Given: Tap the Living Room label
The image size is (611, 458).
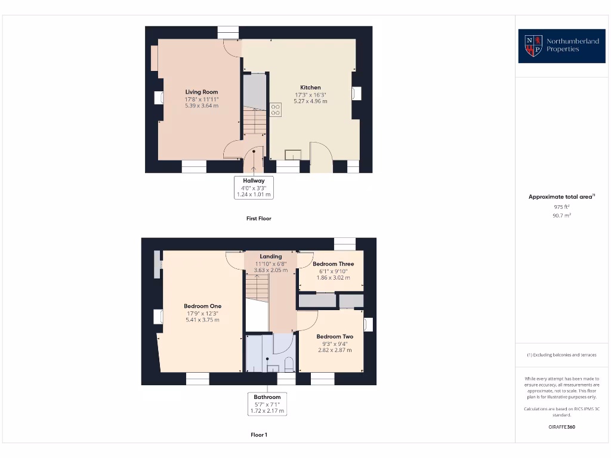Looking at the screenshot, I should pos(202,92).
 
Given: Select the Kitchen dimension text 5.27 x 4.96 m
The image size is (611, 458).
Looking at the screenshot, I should pos(310,101).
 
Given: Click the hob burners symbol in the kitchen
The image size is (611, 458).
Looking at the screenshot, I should pos(276,110).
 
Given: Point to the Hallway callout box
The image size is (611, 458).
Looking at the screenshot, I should pos(254,187).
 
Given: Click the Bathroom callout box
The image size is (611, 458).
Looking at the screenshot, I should pos(267,404).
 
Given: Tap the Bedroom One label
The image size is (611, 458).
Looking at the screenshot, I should pos(202,307).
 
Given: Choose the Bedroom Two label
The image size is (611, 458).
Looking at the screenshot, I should pos(334,336).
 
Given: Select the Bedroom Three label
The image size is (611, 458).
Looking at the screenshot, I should pos(333,264).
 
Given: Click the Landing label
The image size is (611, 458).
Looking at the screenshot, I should pos(270,256).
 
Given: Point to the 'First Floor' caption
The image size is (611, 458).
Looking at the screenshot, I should pos(258,219).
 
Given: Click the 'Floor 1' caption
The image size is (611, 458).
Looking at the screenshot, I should pos(258,435).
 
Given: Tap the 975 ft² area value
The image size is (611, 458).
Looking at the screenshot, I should pos(561,206).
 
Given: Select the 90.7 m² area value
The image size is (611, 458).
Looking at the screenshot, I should pos(561,216).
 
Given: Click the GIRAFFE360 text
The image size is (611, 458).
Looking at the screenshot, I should pos(561,427).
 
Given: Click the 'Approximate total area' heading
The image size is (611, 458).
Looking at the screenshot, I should pos(561,197).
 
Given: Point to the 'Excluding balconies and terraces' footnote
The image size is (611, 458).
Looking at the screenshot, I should pos(561,355).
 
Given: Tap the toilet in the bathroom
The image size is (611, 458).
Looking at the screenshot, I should pos(289,364).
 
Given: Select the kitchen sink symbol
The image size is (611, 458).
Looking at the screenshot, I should pos(292,154).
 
